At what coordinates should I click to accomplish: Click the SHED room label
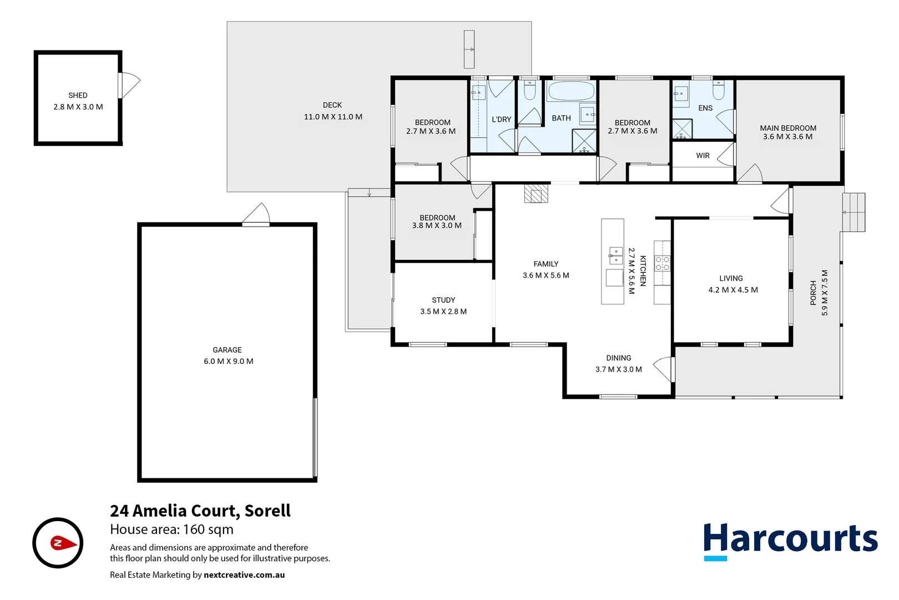point(78,96)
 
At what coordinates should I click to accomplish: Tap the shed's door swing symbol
point(130,84)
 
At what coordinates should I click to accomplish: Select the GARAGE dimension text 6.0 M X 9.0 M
point(228,362)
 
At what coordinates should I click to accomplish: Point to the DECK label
point(332,105)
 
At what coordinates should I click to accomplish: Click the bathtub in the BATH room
point(570,91)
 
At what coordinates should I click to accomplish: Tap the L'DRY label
point(501,119)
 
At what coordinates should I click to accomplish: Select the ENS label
point(705,108)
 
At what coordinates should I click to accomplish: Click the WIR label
point(703,156)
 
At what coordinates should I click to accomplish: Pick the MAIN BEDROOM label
point(788,128)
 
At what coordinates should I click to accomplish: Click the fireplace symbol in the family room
point(536,194)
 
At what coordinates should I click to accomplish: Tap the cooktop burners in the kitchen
point(662,263)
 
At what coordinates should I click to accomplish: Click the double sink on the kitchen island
point(615,256)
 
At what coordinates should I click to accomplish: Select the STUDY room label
point(443,300)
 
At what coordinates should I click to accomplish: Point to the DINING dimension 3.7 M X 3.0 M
point(618,369)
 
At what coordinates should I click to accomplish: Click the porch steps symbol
point(853,212)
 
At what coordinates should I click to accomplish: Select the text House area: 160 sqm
point(171,530)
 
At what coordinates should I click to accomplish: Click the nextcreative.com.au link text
point(244,575)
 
